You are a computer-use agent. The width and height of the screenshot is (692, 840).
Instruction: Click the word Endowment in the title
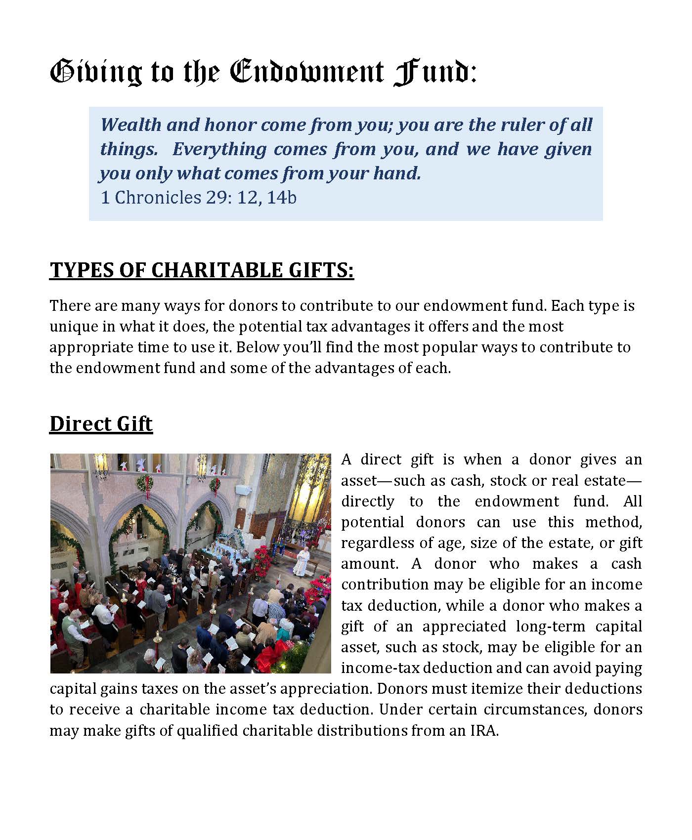click(x=306, y=72)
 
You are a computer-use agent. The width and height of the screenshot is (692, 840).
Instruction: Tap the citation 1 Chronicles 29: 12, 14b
click(x=198, y=198)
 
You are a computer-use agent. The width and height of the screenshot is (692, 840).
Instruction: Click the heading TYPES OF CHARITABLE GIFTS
click(x=202, y=270)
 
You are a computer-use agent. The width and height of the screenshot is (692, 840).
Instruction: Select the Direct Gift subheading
click(x=101, y=424)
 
